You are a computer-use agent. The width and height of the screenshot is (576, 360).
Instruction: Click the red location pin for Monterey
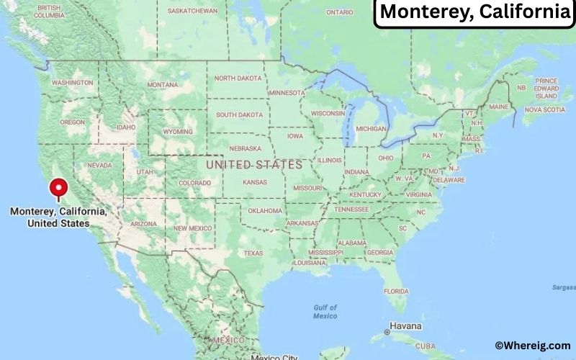[58, 189]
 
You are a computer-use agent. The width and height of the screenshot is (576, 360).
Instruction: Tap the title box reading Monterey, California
[474, 12]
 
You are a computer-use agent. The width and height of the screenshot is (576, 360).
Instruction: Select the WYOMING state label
[178, 132]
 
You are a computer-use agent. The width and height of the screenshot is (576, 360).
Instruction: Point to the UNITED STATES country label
[254, 165]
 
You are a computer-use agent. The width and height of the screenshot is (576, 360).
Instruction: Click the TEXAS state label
[253, 253]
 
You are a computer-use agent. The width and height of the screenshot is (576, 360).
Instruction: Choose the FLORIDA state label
[395, 291]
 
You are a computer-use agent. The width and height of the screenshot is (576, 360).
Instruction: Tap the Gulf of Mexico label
[325, 312]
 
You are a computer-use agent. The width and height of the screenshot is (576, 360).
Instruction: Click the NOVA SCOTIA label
[544, 110]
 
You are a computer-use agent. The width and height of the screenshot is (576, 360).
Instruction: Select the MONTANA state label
[162, 85]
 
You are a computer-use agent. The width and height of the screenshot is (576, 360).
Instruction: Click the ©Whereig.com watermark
[532, 346]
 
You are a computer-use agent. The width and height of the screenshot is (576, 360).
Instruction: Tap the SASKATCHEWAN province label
[192, 12]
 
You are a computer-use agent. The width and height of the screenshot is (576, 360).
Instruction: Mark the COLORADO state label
[194, 183]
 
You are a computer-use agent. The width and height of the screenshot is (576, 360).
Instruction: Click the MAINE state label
[498, 107]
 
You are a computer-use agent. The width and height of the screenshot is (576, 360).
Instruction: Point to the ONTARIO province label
[340, 12]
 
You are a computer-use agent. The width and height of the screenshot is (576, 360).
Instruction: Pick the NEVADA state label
[99, 165]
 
